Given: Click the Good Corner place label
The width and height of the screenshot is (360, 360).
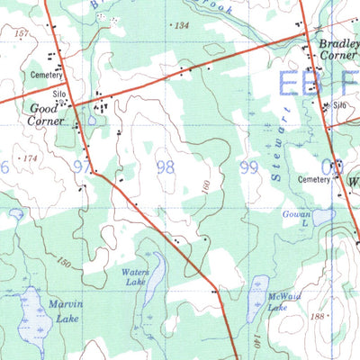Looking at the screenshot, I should (x=45, y=114).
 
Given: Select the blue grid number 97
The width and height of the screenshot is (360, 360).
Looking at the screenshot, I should (x=84, y=166).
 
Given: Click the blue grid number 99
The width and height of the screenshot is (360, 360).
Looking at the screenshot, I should (x=250, y=167).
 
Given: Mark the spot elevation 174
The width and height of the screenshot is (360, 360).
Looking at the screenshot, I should (x=32, y=158).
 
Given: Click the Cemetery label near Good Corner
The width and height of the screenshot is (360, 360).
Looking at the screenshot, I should (x=45, y=76).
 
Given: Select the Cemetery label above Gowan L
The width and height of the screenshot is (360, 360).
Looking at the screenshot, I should (x=314, y=179).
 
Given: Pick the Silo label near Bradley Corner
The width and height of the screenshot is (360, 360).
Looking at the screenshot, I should (x=339, y=104).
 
